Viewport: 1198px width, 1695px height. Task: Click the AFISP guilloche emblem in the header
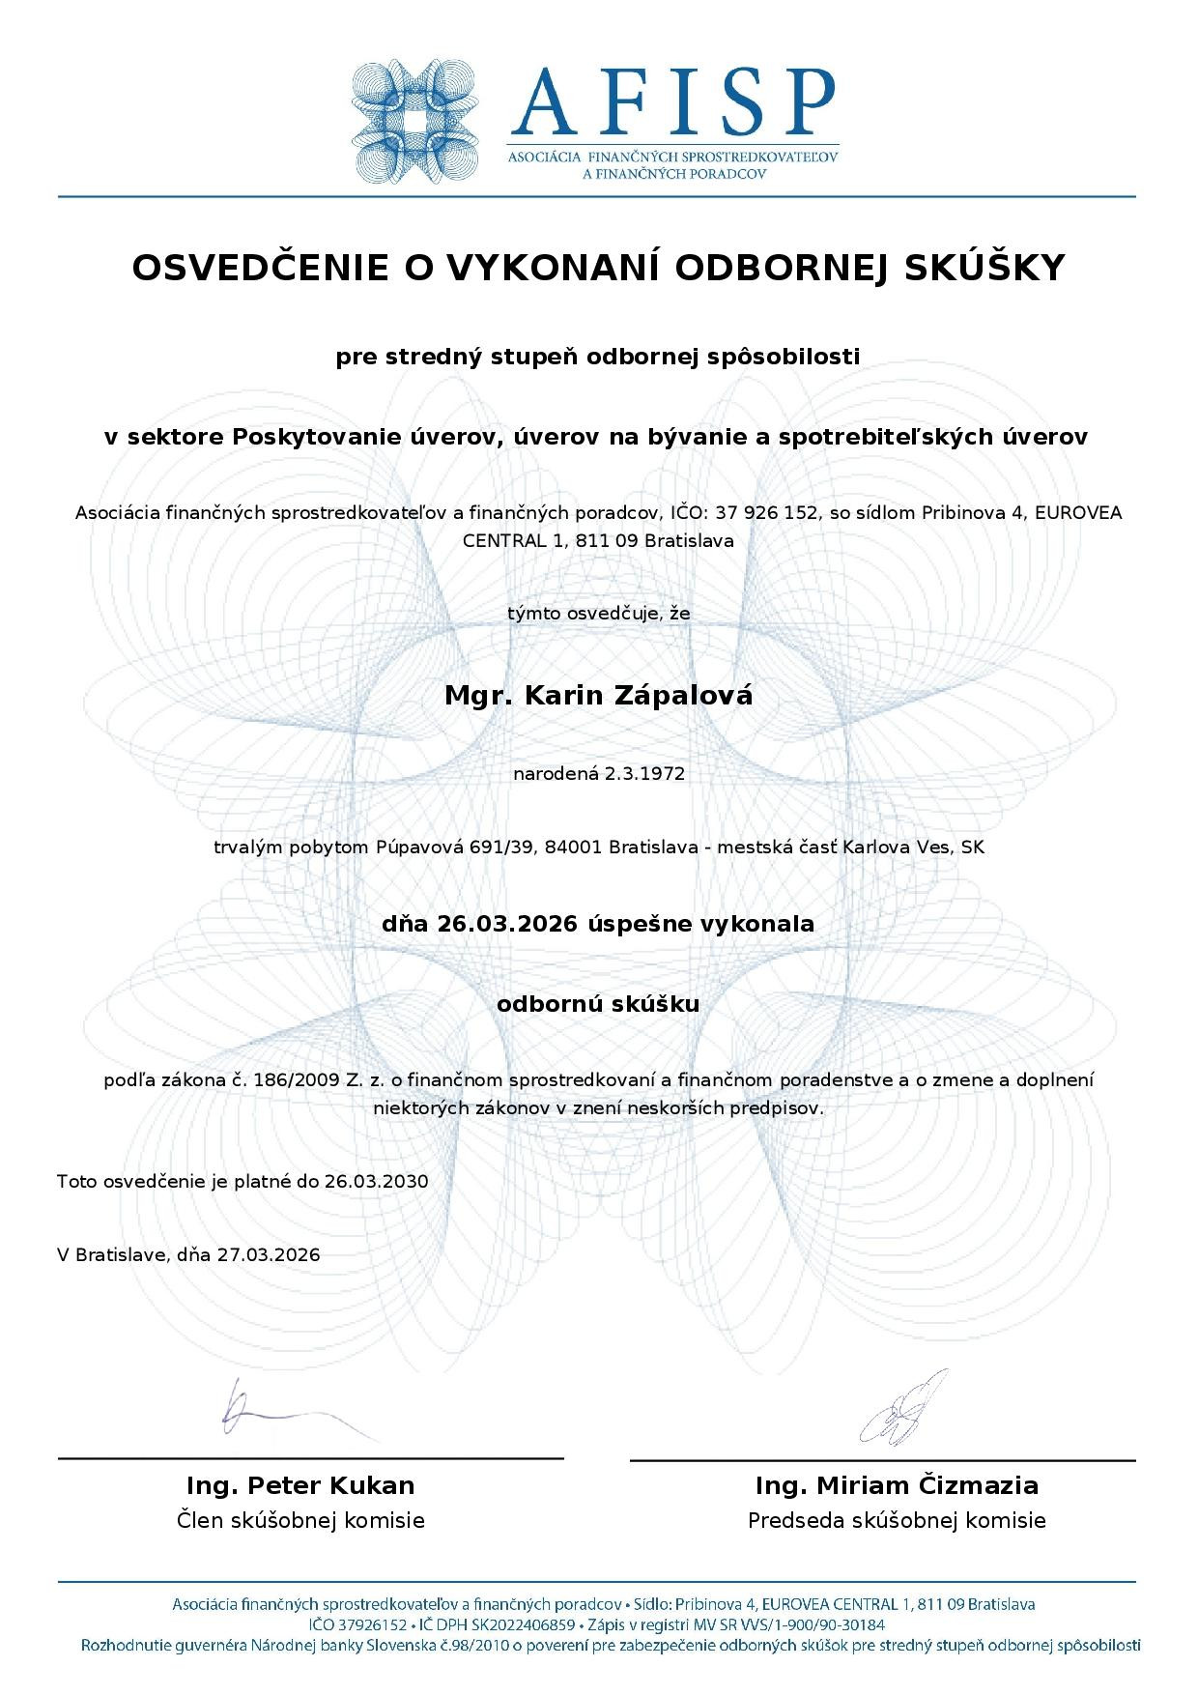[x=414, y=121]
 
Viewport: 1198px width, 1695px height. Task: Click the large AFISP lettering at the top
[x=673, y=101]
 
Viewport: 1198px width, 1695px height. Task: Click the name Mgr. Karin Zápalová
[x=598, y=695]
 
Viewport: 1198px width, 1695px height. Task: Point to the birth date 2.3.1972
[x=644, y=773]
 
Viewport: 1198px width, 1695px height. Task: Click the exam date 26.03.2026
[x=506, y=924]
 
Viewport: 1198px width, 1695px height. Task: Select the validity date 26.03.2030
[x=376, y=1181]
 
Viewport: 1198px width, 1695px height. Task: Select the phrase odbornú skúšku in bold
[x=598, y=1004]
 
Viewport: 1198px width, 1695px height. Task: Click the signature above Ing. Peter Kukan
[x=290, y=1414]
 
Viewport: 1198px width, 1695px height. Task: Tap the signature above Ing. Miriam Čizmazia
[x=903, y=1409]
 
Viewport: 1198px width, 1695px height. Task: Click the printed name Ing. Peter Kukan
[x=300, y=1485]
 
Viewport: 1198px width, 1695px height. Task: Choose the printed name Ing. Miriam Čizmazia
[x=897, y=1485]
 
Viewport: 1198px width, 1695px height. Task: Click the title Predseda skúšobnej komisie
[x=897, y=1521]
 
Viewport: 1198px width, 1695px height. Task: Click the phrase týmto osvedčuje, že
[x=598, y=613]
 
